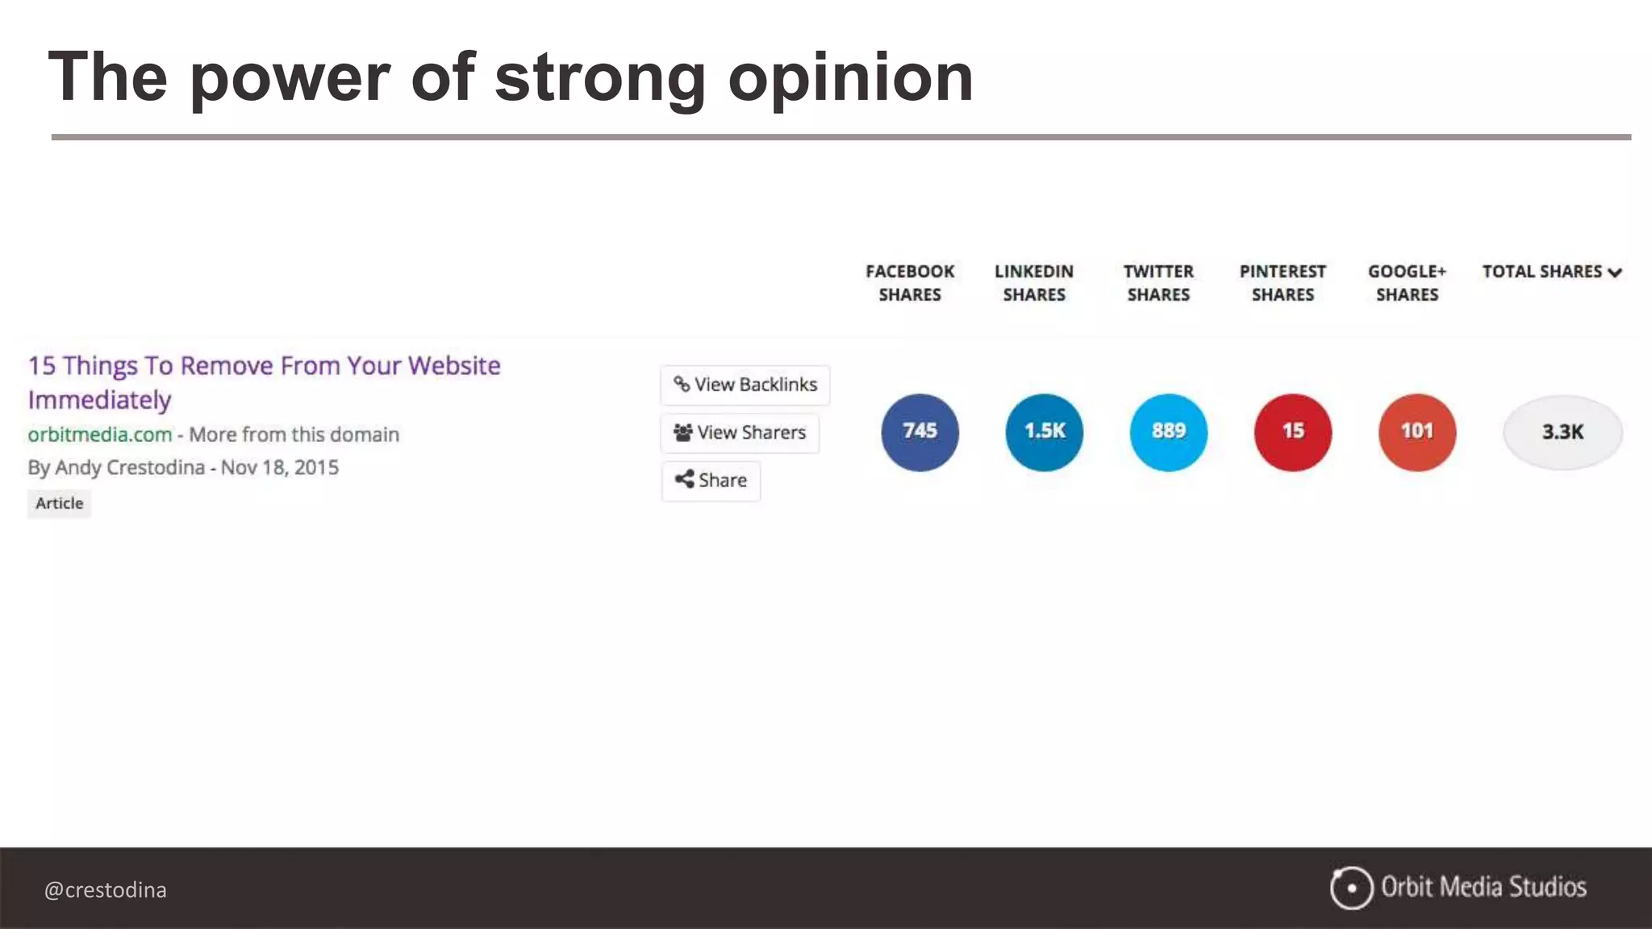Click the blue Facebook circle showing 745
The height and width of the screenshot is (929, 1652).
coord(920,432)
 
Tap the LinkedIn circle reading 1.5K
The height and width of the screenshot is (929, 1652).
coord(1044,432)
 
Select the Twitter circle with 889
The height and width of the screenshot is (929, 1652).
coord(1168,432)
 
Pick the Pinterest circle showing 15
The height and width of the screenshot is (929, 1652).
coord(1292,432)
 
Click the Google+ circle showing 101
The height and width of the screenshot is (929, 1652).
coord(1416,432)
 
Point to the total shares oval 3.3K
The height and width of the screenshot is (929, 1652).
coord(1562,432)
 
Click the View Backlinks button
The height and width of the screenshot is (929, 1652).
coord(745,385)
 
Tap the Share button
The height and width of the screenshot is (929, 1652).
coord(711,481)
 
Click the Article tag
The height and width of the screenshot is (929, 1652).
coord(59,503)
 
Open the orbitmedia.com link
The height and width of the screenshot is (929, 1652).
coord(100,435)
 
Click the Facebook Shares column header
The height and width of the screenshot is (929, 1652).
coord(910,283)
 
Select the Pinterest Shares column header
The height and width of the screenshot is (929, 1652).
coord(1283,283)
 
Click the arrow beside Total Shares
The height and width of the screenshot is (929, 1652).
coord(1615,273)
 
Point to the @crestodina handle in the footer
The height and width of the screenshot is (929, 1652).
coord(106,889)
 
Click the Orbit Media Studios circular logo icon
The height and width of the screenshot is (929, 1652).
coord(1351,888)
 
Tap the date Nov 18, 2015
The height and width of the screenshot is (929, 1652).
coord(280,468)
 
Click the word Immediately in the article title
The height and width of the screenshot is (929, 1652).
coord(100,400)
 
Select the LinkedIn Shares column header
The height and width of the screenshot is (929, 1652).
coord(1034,283)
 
